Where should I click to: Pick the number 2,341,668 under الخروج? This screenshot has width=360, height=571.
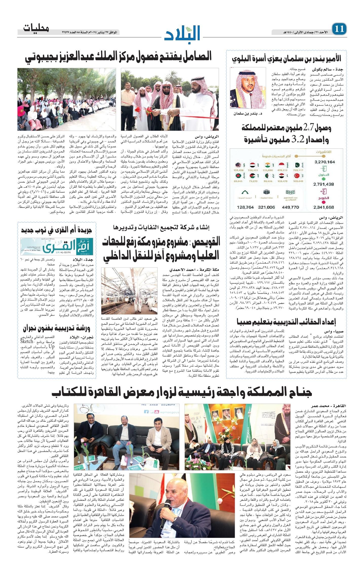(x=324, y=207)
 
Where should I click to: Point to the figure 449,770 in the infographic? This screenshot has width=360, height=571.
(x=290, y=207)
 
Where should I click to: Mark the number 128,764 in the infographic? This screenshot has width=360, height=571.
(x=245, y=207)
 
